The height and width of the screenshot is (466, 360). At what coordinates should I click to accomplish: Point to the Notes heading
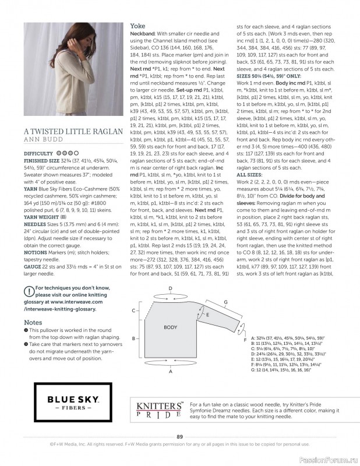33,322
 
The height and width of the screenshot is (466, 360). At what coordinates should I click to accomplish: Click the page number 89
180,436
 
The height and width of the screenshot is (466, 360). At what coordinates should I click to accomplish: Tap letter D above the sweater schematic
170,288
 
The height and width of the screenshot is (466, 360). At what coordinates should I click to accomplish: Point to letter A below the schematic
170,370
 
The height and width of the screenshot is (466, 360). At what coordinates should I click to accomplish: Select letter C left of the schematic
134,309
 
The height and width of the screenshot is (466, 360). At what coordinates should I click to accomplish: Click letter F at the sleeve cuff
245,339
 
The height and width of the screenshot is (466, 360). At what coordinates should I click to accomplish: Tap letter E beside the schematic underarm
207,314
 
